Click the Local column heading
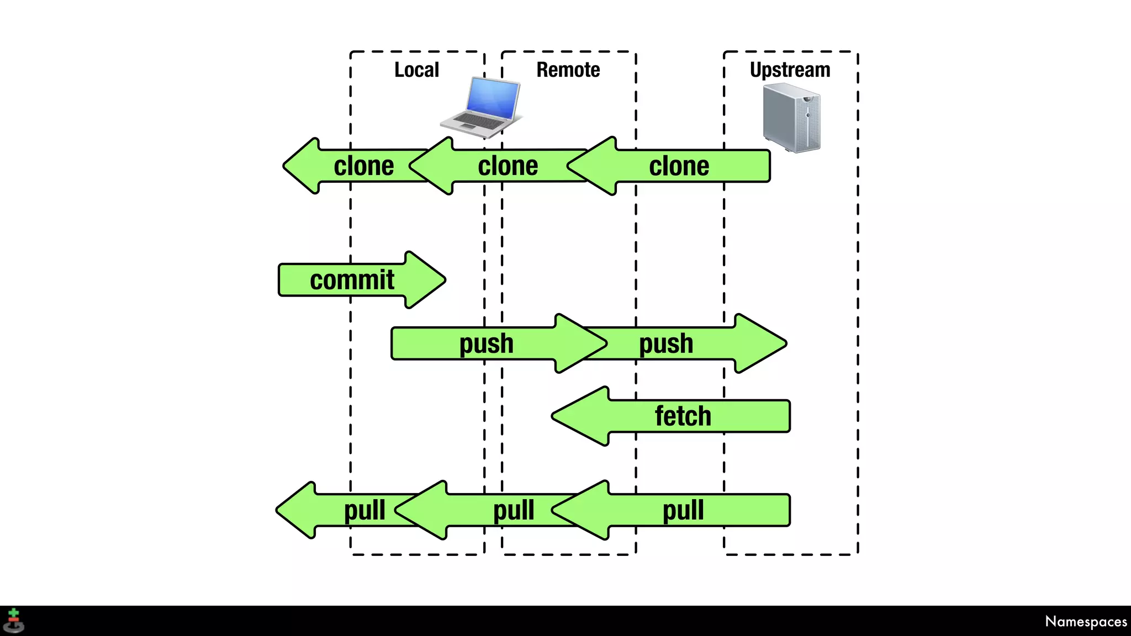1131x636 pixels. click(x=417, y=70)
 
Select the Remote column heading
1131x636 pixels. click(x=568, y=70)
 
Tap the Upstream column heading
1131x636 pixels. click(x=790, y=71)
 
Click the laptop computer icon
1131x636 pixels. click(x=480, y=107)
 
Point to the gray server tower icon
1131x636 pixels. click(x=792, y=118)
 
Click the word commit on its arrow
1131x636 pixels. click(x=352, y=280)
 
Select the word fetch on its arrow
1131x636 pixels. click(x=683, y=416)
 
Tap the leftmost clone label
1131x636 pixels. click(x=364, y=166)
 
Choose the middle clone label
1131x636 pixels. click(x=508, y=166)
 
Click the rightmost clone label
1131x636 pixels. click(x=679, y=166)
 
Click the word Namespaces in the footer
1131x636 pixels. click(x=1086, y=622)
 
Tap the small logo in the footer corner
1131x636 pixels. click(x=13, y=621)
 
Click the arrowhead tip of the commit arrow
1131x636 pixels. click(x=445, y=280)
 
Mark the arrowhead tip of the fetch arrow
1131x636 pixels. click(x=552, y=416)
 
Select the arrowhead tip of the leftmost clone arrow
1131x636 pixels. click(x=283, y=166)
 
